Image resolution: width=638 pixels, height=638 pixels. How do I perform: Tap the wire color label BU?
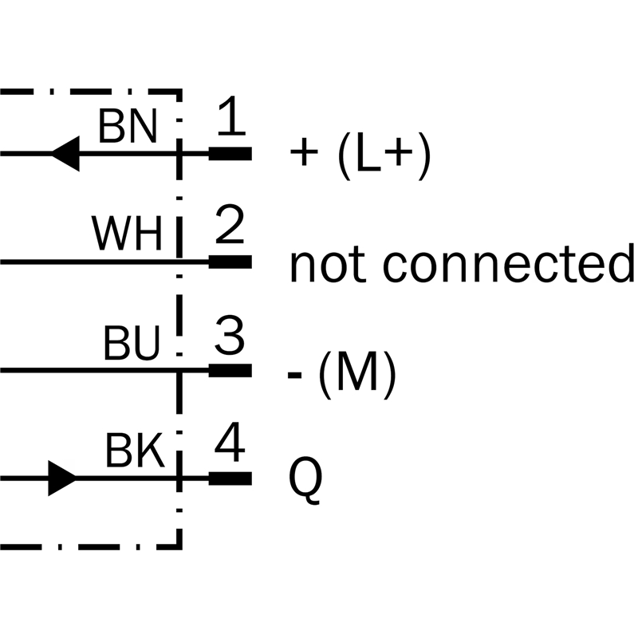(x=132, y=345)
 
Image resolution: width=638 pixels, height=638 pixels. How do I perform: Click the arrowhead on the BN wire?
(x=65, y=152)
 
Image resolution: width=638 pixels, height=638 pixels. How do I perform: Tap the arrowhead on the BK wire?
(x=63, y=478)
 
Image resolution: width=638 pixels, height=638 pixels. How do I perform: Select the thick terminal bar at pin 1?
(x=230, y=153)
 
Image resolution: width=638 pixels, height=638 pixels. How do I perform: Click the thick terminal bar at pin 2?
(x=230, y=262)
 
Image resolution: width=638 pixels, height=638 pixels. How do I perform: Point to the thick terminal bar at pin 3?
(x=230, y=370)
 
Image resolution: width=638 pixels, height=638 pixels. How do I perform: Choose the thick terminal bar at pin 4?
(x=230, y=478)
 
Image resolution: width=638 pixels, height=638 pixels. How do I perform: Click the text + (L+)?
(x=361, y=155)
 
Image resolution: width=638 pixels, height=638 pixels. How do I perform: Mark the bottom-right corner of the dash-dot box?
(x=180, y=547)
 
